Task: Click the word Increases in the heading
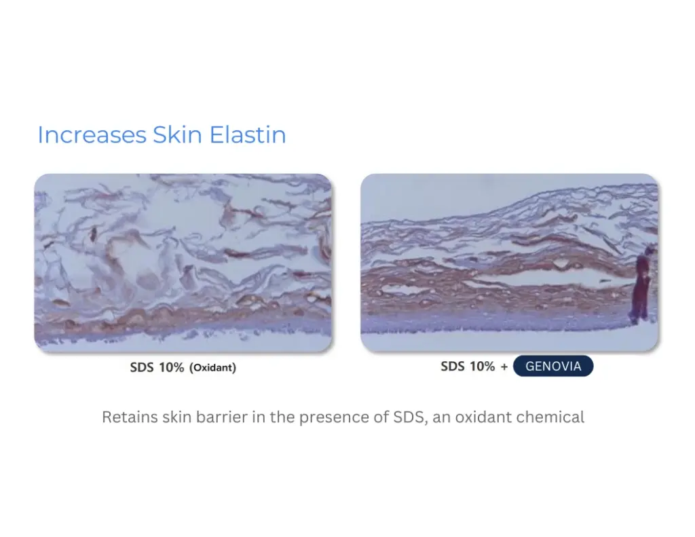coord(92,135)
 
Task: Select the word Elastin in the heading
coord(248,135)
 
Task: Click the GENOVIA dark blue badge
coord(553,367)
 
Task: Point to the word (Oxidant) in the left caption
coord(212,369)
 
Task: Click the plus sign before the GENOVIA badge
coord(504,367)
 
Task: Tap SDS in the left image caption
coord(143,368)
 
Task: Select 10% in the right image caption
coord(482,367)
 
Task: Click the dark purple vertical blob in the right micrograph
coord(641,285)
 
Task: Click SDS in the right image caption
coord(453,367)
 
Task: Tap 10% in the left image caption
coord(172,368)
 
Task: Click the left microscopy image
coord(183,263)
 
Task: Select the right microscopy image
coord(509,263)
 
